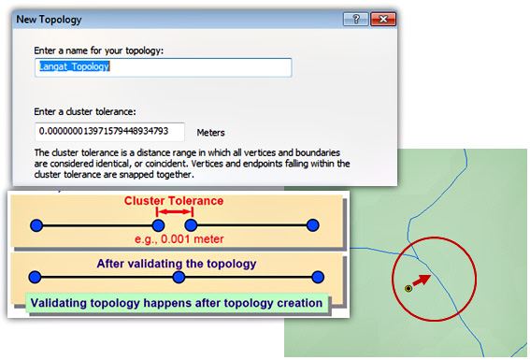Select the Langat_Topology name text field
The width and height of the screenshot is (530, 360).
(164, 67)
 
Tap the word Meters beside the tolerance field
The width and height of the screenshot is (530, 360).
(210, 133)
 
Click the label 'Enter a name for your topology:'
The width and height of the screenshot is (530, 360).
(98, 50)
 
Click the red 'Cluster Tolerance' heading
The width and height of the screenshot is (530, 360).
(174, 200)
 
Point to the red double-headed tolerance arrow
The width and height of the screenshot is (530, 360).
(174, 214)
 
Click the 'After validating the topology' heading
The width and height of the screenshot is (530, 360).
(177, 263)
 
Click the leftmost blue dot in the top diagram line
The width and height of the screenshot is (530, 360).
(36, 225)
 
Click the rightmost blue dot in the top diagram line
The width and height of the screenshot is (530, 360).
(313, 225)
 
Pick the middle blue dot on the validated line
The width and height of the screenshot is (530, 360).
(177, 277)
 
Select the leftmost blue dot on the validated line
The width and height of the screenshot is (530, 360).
(36, 277)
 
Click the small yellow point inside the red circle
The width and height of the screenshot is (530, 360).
(408, 289)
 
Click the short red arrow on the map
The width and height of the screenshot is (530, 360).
(422, 281)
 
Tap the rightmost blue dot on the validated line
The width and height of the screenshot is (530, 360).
(318, 277)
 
